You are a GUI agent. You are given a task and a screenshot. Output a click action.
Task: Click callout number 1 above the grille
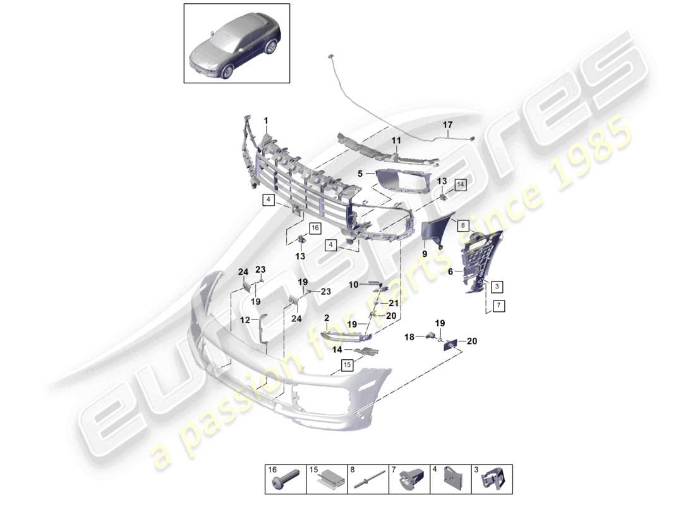(x=266, y=120)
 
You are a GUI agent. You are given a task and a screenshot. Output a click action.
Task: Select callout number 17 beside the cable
(x=447, y=126)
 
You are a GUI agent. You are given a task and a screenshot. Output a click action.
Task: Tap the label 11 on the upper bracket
(x=397, y=141)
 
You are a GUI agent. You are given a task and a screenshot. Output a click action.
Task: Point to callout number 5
(x=361, y=172)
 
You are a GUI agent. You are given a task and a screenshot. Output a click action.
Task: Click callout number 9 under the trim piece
(x=425, y=254)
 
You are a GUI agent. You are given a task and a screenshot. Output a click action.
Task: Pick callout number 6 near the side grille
(x=451, y=271)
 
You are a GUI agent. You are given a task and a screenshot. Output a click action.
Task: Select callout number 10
(x=354, y=285)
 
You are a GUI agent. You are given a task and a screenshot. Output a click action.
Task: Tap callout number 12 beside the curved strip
(x=245, y=320)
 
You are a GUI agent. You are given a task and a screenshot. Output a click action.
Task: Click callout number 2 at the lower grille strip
(x=327, y=318)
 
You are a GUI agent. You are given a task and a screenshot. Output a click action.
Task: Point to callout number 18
(x=409, y=337)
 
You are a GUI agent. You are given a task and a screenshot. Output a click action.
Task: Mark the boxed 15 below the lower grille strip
(x=346, y=364)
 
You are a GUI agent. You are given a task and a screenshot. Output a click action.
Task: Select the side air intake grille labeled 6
(x=480, y=259)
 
